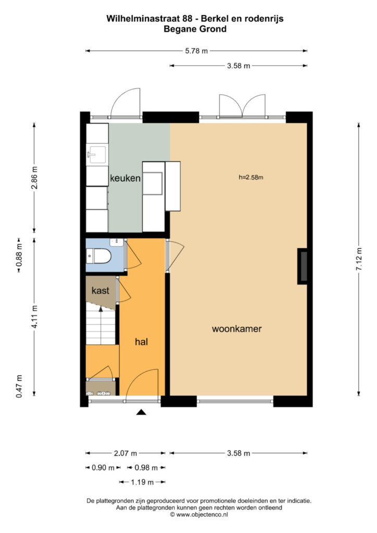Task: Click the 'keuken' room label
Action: (125, 179)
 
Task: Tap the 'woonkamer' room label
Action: (236, 329)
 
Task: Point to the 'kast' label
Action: (100, 290)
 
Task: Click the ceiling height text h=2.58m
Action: (251, 177)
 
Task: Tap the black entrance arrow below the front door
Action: (141, 412)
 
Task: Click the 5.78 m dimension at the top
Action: (197, 51)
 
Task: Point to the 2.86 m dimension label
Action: (34, 179)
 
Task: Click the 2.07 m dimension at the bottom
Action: (125, 453)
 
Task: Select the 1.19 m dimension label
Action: (142, 482)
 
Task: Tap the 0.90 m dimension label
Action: (103, 467)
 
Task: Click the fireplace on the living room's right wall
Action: (302, 266)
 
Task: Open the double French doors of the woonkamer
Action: (242, 107)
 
